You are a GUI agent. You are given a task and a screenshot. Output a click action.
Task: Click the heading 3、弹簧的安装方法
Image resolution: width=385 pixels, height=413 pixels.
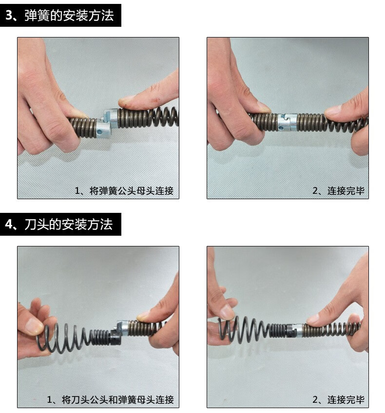[x=59, y=15]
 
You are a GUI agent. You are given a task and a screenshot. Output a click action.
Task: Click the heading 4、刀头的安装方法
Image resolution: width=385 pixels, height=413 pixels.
[x=59, y=225]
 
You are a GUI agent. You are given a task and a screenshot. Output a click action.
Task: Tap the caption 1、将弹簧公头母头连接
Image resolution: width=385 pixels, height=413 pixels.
[x=124, y=191]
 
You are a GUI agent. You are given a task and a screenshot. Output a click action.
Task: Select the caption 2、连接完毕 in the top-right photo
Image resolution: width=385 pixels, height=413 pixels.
[x=339, y=191]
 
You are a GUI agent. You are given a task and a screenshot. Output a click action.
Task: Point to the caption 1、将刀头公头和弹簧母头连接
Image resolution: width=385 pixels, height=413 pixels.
[x=111, y=399]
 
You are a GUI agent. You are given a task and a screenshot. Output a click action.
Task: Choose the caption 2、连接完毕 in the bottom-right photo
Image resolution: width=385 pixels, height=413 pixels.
[x=339, y=399]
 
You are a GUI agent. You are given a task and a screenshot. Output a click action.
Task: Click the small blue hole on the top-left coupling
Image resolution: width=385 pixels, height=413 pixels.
[x=99, y=131]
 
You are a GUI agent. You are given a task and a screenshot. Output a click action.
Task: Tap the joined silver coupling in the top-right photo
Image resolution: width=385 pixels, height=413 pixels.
[x=287, y=122]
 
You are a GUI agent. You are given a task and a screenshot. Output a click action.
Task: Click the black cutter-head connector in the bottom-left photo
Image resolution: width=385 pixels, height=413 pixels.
[x=115, y=337]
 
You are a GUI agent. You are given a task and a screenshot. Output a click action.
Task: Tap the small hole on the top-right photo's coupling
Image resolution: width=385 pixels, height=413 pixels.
[x=281, y=128]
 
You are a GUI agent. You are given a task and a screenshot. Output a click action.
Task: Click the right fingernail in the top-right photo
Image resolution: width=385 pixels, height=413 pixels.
[x=332, y=110]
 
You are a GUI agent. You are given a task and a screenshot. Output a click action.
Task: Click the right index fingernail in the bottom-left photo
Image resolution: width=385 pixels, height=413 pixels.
[x=144, y=315]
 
